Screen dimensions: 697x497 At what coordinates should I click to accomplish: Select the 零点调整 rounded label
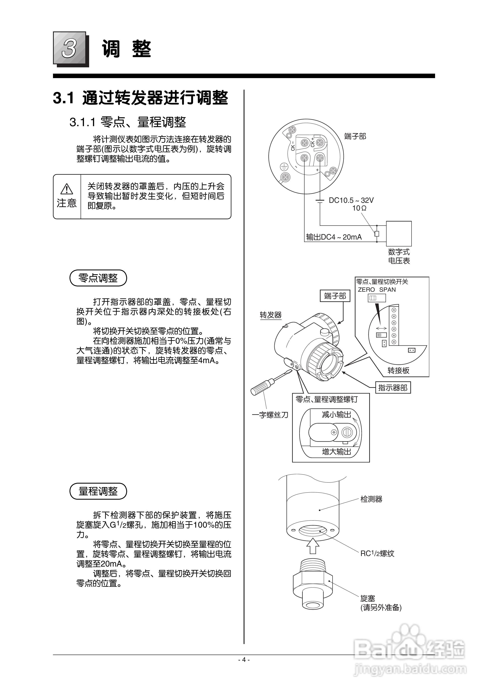98,278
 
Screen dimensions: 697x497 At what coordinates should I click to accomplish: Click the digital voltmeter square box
399,233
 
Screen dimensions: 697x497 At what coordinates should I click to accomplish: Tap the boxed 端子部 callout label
335,296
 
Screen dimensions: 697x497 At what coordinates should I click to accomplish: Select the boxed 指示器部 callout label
393,388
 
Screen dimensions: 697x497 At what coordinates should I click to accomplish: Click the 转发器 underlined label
271,315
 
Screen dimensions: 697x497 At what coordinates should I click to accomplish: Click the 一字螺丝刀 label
270,415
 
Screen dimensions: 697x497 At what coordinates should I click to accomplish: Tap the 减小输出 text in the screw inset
336,415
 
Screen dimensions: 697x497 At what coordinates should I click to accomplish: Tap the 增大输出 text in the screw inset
336,452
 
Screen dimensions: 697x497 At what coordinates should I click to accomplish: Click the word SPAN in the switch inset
387,289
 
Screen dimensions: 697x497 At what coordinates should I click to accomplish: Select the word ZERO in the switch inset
366,289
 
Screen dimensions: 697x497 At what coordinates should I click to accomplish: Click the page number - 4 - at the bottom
244,660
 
